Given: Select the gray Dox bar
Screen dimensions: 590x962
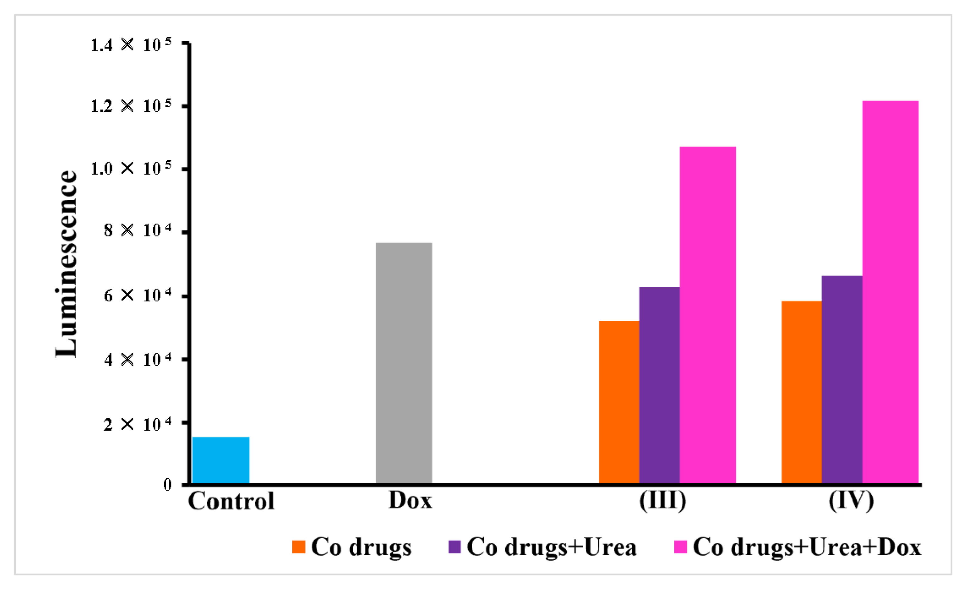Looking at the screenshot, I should (404, 363).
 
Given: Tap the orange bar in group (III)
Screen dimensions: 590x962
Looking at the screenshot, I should (619, 402).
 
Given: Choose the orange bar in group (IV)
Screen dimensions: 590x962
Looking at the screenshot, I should (801, 392).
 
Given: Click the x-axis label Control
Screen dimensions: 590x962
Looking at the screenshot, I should (231, 501).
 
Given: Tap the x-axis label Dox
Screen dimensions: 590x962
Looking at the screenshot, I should (410, 500).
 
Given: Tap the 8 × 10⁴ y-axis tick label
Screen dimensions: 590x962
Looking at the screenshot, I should (137, 230).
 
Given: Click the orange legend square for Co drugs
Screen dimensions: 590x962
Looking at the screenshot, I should (298, 547).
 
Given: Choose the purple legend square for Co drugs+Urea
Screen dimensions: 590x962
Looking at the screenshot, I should (455, 547).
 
